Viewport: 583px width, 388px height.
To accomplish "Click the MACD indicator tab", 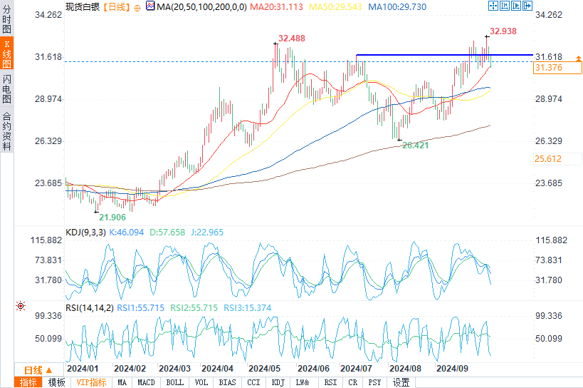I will (146, 382).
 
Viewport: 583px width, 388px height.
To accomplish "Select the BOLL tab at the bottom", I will (174, 382).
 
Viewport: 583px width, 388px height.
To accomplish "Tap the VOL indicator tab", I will (201, 382).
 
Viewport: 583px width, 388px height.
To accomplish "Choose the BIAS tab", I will (228, 382).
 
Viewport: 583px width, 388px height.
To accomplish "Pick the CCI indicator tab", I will (253, 382).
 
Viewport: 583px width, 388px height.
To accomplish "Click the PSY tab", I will (374, 382).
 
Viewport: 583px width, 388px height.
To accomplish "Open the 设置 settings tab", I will (401, 382).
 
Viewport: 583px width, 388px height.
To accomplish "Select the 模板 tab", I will (56, 382).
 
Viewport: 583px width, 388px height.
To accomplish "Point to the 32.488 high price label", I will (292, 39).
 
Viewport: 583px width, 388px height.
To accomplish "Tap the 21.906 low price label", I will (112, 217).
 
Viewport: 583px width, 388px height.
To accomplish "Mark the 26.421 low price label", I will (416, 145).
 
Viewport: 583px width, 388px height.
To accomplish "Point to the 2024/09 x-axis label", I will (452, 369).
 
